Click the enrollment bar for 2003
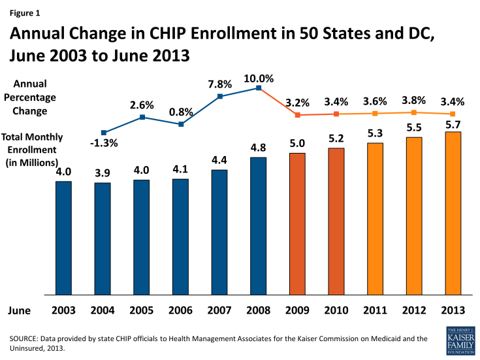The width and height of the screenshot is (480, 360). click(63, 238)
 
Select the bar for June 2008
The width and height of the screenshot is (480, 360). click(259, 226)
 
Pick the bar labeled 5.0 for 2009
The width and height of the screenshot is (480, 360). click(298, 224)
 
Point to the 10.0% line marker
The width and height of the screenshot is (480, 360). click(259, 88)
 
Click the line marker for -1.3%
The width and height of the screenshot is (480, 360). click(103, 133)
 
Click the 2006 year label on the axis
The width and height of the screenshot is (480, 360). click(180, 311)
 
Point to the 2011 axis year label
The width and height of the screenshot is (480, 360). click(376, 311)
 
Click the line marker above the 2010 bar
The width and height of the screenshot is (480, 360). click(336, 114)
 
